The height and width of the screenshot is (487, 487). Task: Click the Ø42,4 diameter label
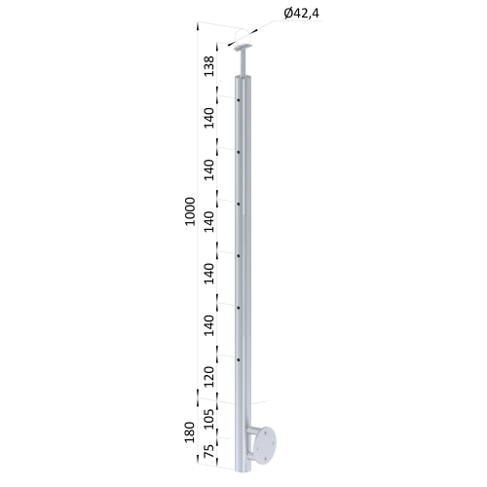301,14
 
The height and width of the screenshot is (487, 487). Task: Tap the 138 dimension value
209,66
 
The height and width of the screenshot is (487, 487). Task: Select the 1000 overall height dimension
190,211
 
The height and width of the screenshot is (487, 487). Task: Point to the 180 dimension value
189,432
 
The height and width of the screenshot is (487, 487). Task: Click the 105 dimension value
209,419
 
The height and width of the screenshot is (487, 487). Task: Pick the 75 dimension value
209,451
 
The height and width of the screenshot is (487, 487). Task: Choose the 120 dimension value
209,377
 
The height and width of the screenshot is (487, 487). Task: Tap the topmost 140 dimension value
209,118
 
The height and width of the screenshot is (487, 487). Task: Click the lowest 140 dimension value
209,325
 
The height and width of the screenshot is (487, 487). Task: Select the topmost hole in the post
239,100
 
